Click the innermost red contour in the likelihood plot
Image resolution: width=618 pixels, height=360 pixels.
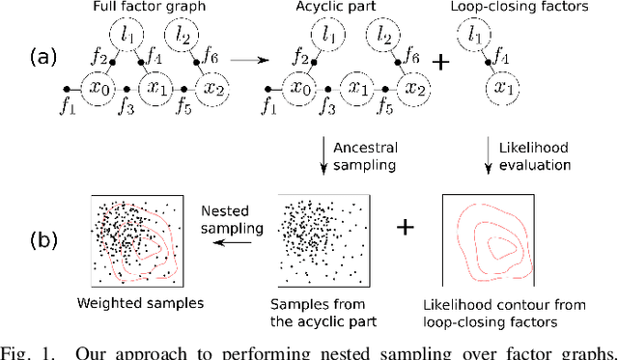pyautogui.click(x=500, y=246)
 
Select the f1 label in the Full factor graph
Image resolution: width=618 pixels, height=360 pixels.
pyautogui.click(x=66, y=107)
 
